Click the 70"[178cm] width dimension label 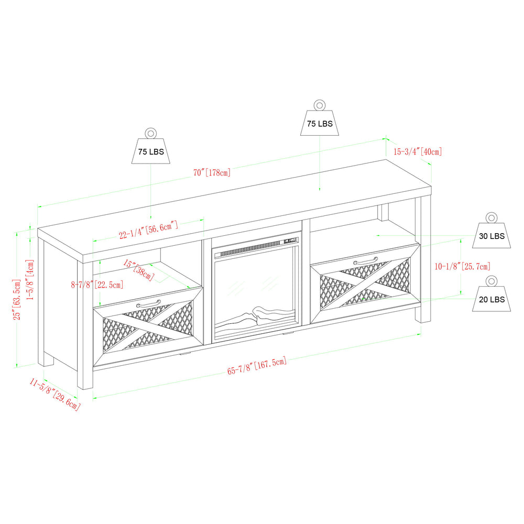pos(212,172)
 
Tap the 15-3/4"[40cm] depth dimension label pos(418,152)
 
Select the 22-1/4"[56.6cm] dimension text pos(149,230)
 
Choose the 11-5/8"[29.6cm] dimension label pos(55,394)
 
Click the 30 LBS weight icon pos(491,231)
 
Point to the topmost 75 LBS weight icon pos(320,119)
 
